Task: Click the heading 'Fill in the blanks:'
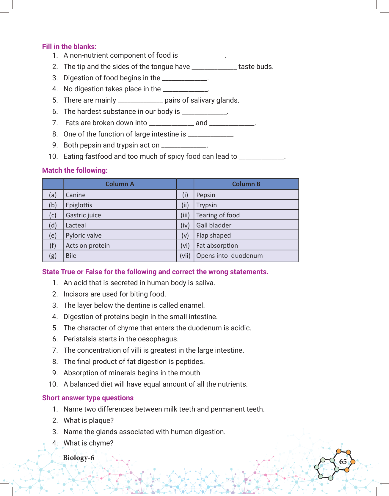[69, 47]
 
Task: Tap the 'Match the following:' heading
[75, 170]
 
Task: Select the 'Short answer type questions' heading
[88, 398]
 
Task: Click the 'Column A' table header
[120, 184]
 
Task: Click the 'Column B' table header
[246, 184]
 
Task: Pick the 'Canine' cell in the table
[76, 195]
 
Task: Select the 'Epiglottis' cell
[79, 205]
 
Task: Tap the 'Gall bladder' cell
[214, 225]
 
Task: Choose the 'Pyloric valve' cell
[84, 236]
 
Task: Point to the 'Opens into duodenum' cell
[229, 256]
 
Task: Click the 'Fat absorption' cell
[217, 246]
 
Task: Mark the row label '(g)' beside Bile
[53, 256]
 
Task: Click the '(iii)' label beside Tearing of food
[185, 215]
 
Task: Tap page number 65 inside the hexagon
[343, 462]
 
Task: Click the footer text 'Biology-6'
[79, 458]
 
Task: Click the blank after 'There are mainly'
[140, 101]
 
